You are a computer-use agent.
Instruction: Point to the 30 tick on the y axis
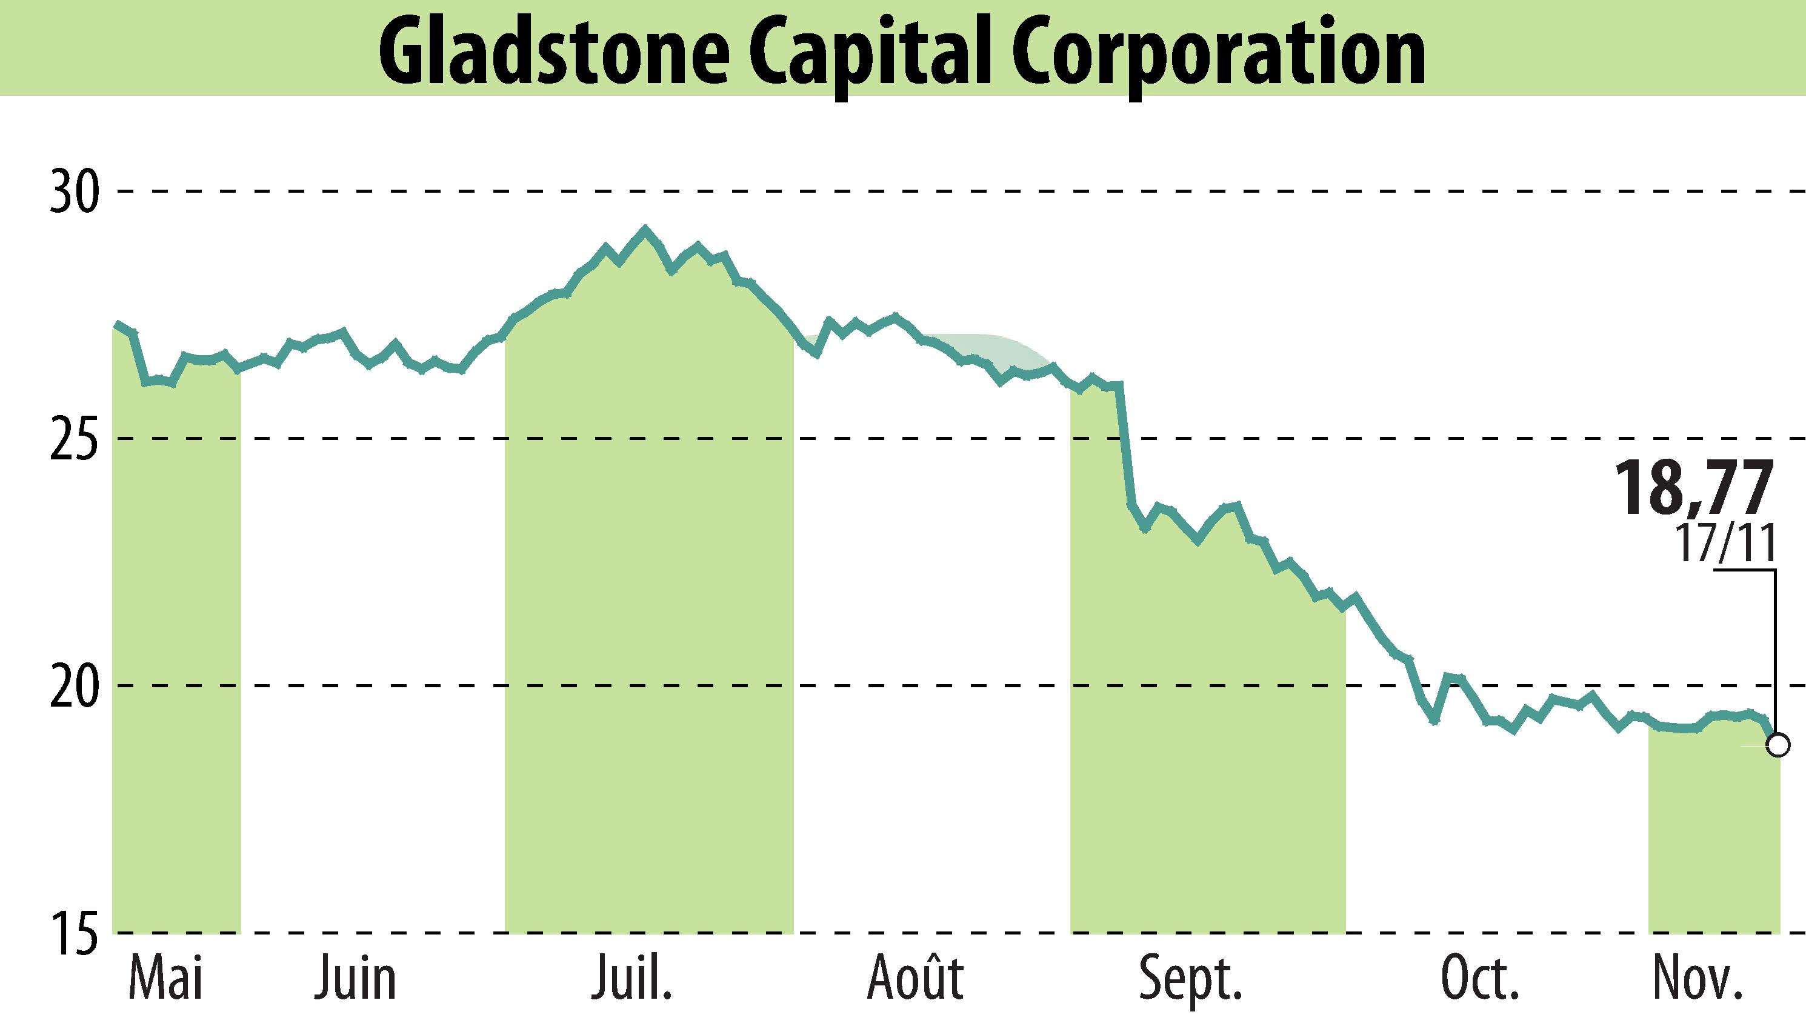coord(72,192)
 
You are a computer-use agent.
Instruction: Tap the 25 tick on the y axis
coord(72,439)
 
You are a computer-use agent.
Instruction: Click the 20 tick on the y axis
coord(72,685)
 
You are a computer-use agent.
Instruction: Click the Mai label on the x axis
coord(166,979)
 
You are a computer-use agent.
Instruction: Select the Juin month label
coord(356,979)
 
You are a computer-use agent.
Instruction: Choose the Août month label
coord(915,979)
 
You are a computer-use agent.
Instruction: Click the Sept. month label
coord(1190,979)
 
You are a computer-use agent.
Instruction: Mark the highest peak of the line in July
coord(644,229)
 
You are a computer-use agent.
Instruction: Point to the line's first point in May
coord(117,325)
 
